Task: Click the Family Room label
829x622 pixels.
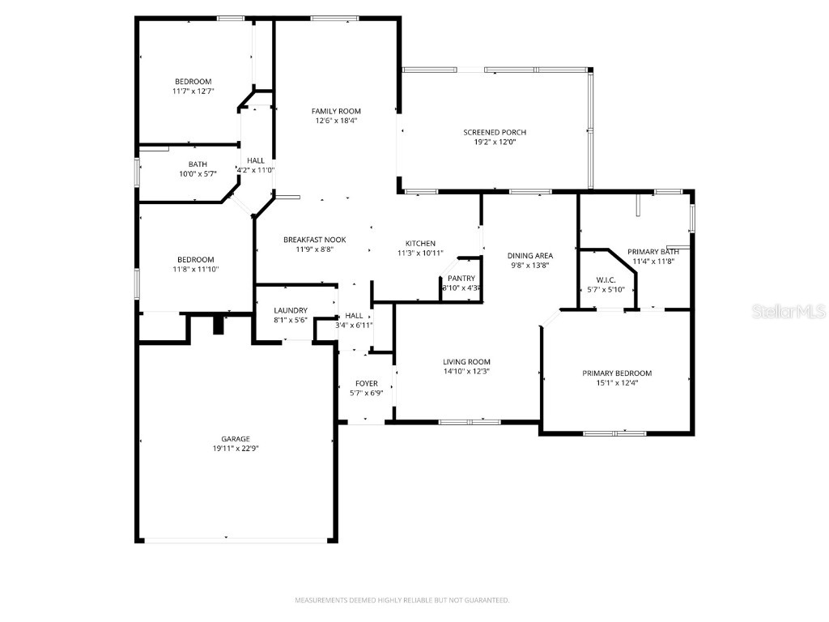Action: (x=336, y=111)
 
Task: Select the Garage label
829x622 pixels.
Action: (x=236, y=438)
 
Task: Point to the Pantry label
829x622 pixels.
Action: (x=461, y=279)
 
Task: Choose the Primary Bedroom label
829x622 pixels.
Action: (x=617, y=373)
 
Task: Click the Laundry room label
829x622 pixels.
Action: (x=290, y=310)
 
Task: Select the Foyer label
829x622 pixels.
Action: (x=367, y=383)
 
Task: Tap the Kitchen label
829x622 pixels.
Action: (x=420, y=243)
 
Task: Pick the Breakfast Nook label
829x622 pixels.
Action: (x=314, y=240)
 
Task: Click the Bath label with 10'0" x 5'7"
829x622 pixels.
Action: (x=198, y=164)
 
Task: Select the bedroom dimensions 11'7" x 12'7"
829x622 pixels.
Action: (x=193, y=92)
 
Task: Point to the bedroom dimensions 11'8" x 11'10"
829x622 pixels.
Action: (x=195, y=269)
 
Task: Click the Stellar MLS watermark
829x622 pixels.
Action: (x=789, y=311)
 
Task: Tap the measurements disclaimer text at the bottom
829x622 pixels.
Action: (x=402, y=600)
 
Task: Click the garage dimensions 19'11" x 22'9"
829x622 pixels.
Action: (x=236, y=448)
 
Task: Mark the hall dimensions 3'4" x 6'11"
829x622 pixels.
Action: (x=354, y=325)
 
